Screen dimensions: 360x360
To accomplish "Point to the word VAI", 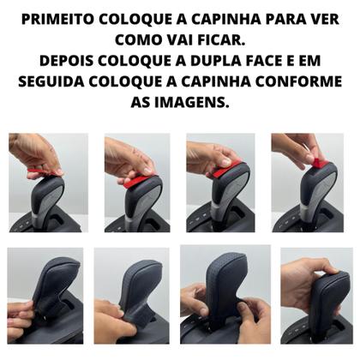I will (x=169, y=40).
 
